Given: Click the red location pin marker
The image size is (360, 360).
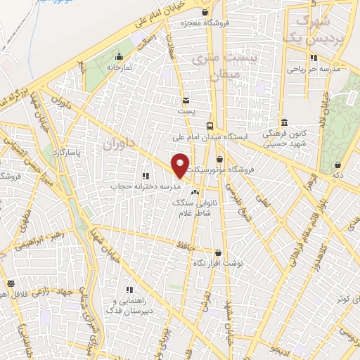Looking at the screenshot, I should (181, 165).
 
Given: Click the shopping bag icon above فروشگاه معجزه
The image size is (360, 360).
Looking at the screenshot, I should (205, 12).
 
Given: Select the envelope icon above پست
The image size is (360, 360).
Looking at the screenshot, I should (186, 101).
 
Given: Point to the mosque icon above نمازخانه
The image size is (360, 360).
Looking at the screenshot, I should (120, 56).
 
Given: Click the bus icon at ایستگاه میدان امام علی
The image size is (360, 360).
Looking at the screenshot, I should (210, 125).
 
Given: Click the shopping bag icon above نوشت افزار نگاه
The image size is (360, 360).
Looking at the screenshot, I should (218, 252).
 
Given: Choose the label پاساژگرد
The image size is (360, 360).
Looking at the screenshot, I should (70, 152).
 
